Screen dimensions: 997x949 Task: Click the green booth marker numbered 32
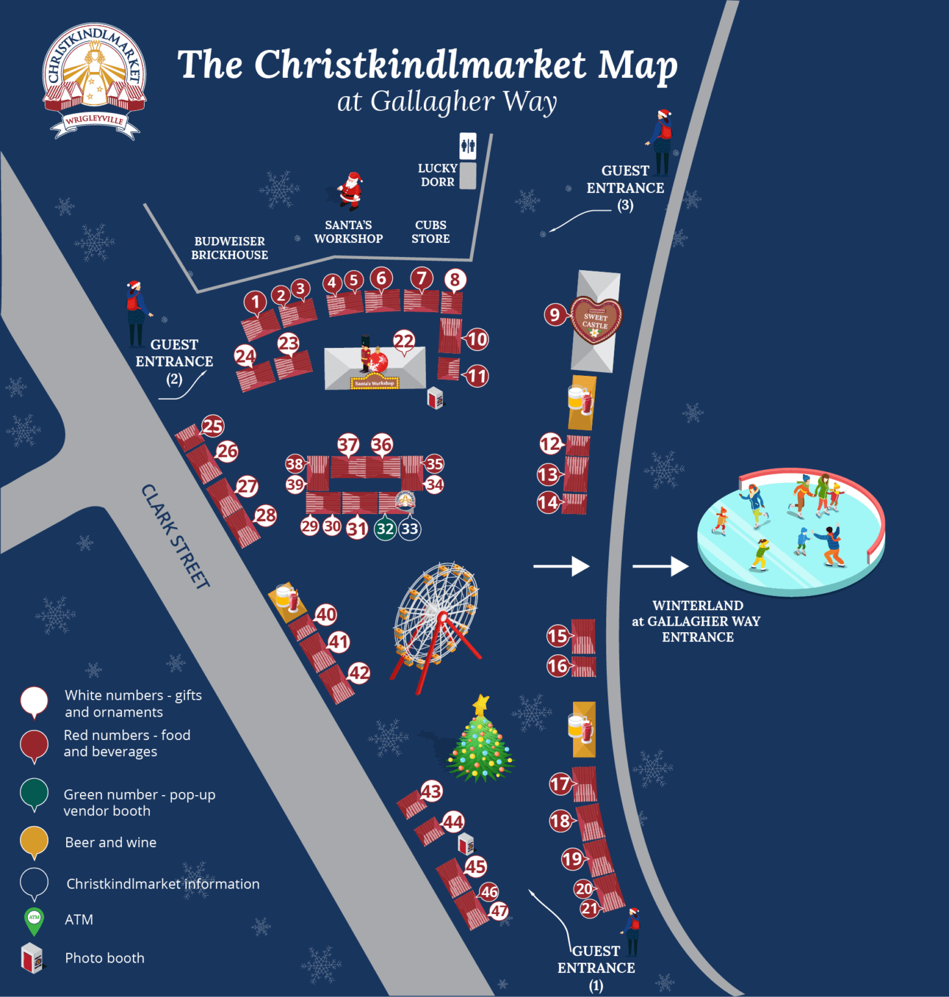click(385, 529)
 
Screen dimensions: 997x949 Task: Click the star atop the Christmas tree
click(481, 704)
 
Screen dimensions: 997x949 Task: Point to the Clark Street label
click(175, 536)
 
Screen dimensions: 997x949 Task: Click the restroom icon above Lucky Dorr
click(467, 146)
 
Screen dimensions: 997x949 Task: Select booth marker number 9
click(554, 315)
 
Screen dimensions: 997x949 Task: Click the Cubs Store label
click(430, 232)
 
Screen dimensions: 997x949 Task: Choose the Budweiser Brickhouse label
click(229, 248)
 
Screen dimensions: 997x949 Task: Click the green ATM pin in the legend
click(34, 920)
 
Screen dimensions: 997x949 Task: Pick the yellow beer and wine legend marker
click(34, 841)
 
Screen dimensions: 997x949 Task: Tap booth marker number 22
click(404, 341)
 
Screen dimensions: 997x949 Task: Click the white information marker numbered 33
click(410, 529)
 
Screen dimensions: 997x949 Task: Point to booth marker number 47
click(499, 911)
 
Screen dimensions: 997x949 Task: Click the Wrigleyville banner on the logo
click(95, 121)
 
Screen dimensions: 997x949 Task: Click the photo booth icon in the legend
click(32, 958)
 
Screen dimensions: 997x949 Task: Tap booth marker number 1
click(255, 302)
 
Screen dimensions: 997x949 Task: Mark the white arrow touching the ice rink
click(660, 566)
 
